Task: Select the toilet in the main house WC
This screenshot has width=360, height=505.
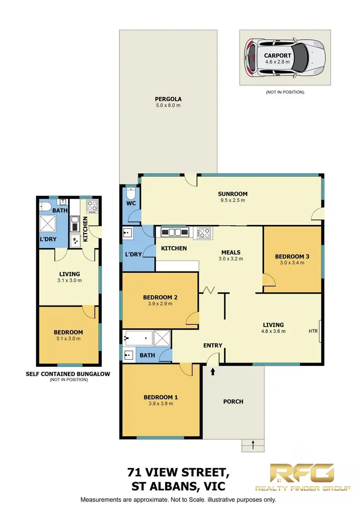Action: (130, 196)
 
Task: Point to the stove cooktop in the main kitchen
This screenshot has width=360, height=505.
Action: (204, 233)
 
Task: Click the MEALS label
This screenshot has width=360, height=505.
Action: (231, 252)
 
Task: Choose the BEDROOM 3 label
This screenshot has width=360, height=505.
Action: (292, 257)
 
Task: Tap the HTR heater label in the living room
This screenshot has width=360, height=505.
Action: (313, 331)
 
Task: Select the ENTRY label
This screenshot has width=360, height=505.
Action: (213, 345)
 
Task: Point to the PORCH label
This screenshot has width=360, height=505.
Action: (233, 401)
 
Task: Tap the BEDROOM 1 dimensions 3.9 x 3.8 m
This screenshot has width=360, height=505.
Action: (160, 404)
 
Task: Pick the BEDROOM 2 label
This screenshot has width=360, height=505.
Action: (160, 297)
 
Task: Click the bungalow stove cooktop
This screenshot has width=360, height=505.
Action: (91, 206)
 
